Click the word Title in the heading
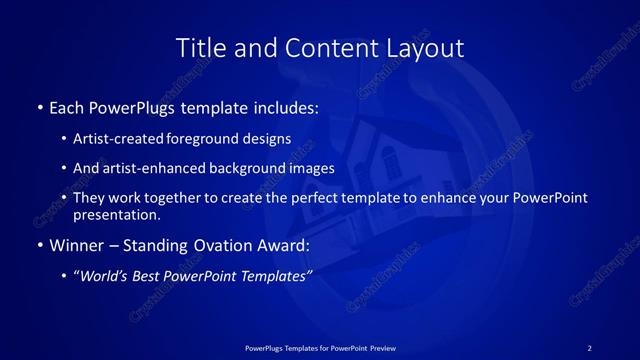coord(200,48)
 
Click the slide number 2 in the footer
coord(589,347)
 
